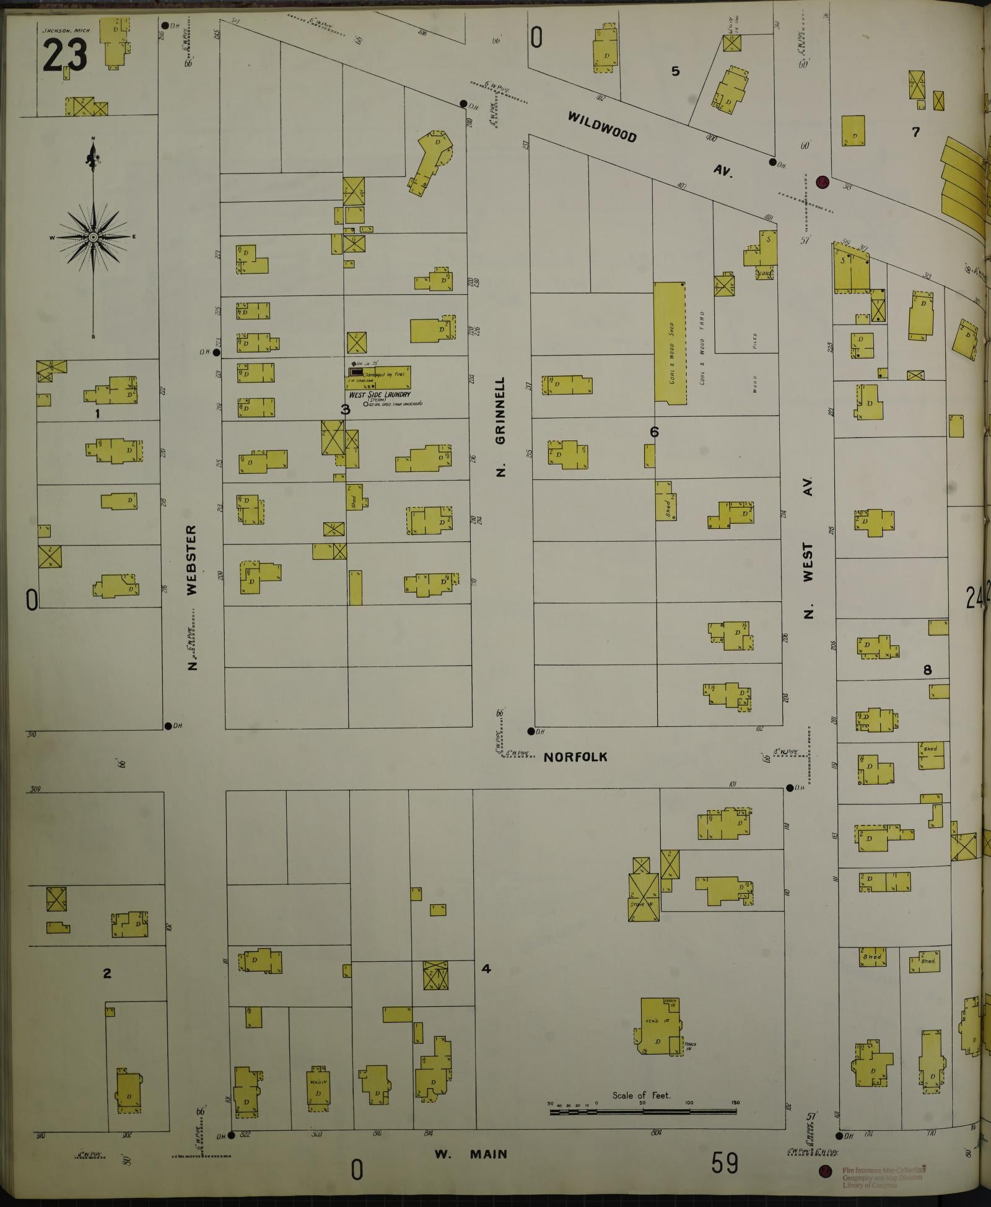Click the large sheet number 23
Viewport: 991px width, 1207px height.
pos(65,54)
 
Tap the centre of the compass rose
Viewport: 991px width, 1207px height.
pos(93,237)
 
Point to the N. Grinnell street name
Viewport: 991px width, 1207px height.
pos(501,427)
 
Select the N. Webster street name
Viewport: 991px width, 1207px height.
pos(191,598)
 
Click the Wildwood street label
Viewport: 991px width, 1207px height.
pos(603,126)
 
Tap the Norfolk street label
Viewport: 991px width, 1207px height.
pos(575,757)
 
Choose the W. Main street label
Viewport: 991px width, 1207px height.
pos(471,1154)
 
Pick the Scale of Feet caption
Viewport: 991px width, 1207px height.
pos(641,1095)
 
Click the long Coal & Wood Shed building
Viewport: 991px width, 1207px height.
pos(671,343)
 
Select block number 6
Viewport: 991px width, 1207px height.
pos(654,432)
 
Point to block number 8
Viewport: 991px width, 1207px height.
pos(927,669)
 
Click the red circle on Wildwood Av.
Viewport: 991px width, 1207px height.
pos(822,181)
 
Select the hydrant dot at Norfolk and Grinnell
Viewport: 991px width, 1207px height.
pos(531,731)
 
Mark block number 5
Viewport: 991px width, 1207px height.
pos(675,71)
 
